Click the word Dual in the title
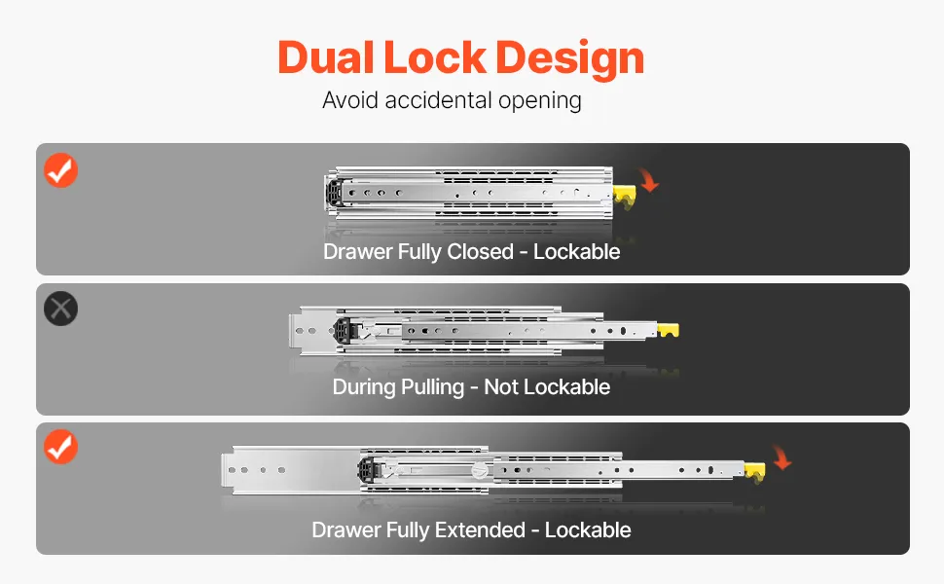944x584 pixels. [326, 57]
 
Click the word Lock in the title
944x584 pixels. [435, 57]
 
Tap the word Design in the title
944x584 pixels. [569, 59]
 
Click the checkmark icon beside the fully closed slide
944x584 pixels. [60, 170]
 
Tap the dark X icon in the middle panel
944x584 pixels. [60, 309]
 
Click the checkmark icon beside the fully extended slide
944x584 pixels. [60, 447]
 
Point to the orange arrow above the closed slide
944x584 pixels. [649, 180]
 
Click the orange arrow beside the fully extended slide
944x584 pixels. [782, 456]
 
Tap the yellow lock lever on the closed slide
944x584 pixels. [625, 197]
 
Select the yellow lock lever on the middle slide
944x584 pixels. [668, 330]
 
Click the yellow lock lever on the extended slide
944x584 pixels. [755, 472]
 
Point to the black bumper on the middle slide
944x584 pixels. [342, 331]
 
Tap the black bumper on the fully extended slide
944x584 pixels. [367, 469]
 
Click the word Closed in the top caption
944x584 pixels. [480, 252]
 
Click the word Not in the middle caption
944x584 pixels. [501, 386]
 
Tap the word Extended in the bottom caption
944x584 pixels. [480, 529]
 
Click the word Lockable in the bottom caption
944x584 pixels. [588, 529]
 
